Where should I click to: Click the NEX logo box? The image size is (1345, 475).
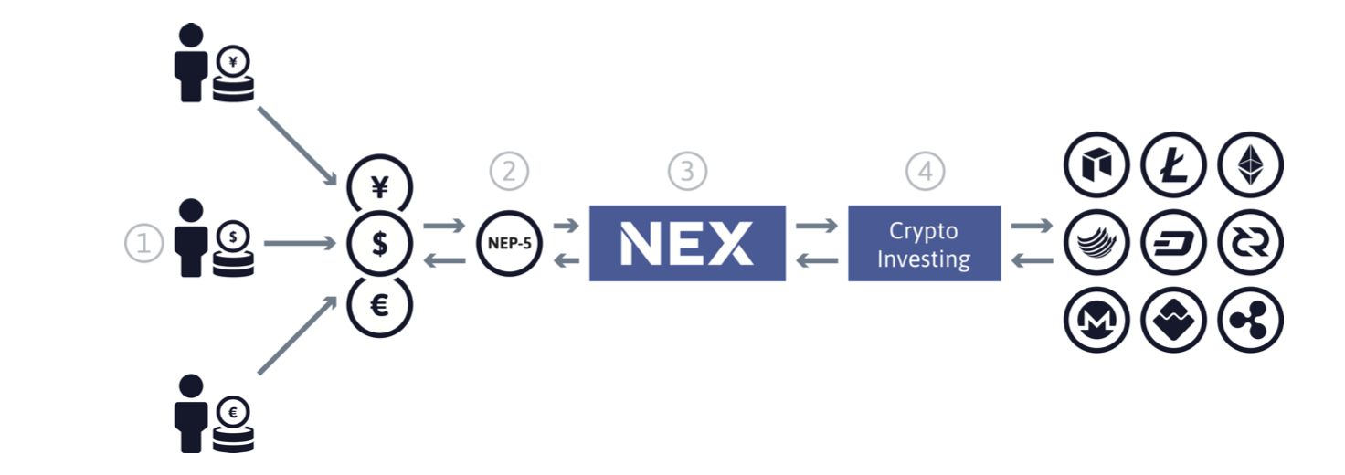click(x=687, y=243)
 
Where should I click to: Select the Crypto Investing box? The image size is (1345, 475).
click(x=924, y=243)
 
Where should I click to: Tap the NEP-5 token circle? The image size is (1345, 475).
click(x=509, y=244)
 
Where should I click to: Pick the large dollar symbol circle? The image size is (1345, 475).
click(x=380, y=244)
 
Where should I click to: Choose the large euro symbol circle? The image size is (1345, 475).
click(x=380, y=304)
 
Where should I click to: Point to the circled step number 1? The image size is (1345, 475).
click(x=143, y=243)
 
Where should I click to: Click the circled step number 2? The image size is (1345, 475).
click(x=509, y=171)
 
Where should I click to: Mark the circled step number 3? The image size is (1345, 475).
click(x=687, y=171)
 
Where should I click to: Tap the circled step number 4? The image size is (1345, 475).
click(x=925, y=171)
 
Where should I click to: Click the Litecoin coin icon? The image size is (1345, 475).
click(x=1173, y=166)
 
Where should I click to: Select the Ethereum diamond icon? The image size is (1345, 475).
click(x=1250, y=166)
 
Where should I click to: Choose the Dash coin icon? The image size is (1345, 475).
click(x=1173, y=244)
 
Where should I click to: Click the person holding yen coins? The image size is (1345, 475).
click(x=212, y=64)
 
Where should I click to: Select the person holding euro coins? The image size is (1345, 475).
click(x=212, y=413)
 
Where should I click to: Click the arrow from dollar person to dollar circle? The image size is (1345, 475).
click(x=300, y=244)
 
